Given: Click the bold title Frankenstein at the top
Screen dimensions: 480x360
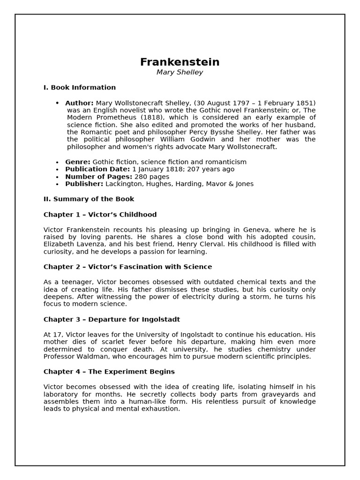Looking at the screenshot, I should pyautogui.click(x=180, y=62).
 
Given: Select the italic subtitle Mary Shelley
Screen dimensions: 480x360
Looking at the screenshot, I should pyautogui.click(x=180, y=73).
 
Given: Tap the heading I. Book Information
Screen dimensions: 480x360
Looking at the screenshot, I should pyautogui.click(x=79, y=88).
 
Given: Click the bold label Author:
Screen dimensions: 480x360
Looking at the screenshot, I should pyautogui.click(x=79, y=103).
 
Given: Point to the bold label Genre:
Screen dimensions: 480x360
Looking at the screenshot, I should pyautogui.click(x=78, y=162).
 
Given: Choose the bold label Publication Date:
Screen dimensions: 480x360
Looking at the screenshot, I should pyautogui.click(x=97, y=169).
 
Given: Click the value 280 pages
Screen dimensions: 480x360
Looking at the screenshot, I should pyautogui.click(x=152, y=177).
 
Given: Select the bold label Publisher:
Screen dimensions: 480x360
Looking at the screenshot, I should pyautogui.click(x=84, y=184).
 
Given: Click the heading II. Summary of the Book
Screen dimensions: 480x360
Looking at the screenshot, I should pyautogui.click(x=89, y=199).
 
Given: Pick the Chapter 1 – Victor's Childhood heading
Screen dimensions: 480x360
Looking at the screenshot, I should pyautogui.click(x=100, y=215).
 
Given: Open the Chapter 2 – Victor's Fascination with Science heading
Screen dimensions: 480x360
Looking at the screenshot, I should pyautogui.click(x=127, y=267).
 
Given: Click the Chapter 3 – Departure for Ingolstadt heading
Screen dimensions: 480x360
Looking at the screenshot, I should pyautogui.click(x=112, y=320).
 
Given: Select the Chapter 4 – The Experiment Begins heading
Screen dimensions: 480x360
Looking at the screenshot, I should pyautogui.click(x=109, y=372).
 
